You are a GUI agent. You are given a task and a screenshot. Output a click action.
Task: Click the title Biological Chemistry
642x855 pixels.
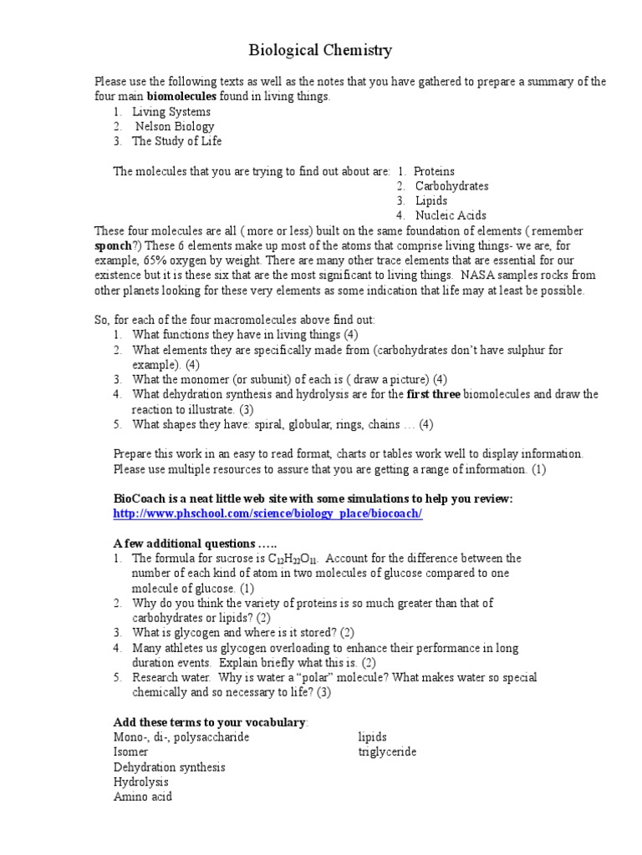tap(321, 51)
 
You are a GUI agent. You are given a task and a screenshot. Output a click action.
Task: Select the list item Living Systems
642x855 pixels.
tap(171, 112)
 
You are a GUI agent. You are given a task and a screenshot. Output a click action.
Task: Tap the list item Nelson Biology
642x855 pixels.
tap(175, 127)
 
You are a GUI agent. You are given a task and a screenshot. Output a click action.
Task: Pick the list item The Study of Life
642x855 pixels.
tap(177, 141)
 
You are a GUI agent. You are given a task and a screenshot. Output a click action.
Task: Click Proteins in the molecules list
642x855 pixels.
tap(435, 171)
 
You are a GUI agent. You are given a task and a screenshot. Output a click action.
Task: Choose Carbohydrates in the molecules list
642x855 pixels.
tap(452, 186)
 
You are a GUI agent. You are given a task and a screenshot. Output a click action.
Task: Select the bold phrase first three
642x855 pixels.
tap(434, 394)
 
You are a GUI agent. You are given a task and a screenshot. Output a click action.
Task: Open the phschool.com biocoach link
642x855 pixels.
tap(267, 514)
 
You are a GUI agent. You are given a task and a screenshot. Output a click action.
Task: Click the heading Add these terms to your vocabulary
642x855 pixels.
tap(211, 722)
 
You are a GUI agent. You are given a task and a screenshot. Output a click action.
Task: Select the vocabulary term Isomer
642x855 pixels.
tap(130, 752)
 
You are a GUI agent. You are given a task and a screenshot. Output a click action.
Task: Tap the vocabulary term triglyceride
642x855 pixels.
tap(387, 752)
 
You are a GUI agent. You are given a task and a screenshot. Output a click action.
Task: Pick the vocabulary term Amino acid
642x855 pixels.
tap(143, 797)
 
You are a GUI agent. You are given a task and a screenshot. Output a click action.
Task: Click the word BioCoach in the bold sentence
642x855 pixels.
tap(138, 498)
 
